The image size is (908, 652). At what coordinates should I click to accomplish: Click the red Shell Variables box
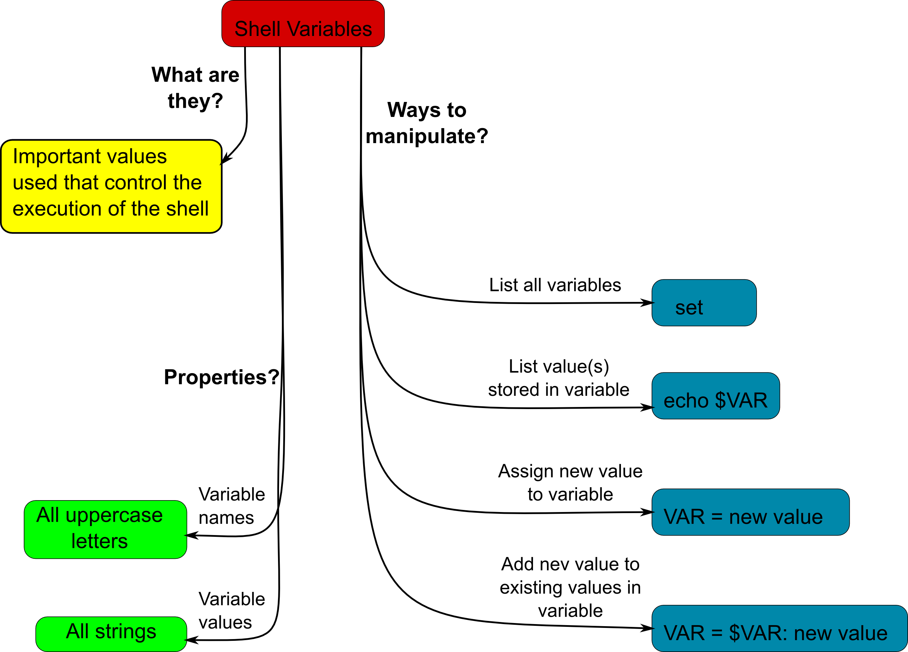click(303, 24)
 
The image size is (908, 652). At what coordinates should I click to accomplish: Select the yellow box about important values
click(111, 186)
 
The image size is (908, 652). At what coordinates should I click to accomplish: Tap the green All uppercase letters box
click(105, 529)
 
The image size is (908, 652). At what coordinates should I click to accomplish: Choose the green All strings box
click(111, 634)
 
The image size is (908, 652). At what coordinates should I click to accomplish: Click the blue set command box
click(704, 303)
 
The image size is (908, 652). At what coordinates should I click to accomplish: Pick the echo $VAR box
click(715, 396)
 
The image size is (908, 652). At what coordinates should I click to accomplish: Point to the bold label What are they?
click(195, 88)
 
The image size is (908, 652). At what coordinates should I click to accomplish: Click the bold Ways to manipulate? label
click(427, 123)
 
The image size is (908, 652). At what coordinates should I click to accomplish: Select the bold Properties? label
click(222, 377)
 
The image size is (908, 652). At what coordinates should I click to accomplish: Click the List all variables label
click(555, 285)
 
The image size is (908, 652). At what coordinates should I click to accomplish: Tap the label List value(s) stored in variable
click(558, 378)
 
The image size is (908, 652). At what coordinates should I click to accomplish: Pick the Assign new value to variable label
click(570, 483)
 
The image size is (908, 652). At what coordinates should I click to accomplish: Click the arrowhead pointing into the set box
click(647, 303)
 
